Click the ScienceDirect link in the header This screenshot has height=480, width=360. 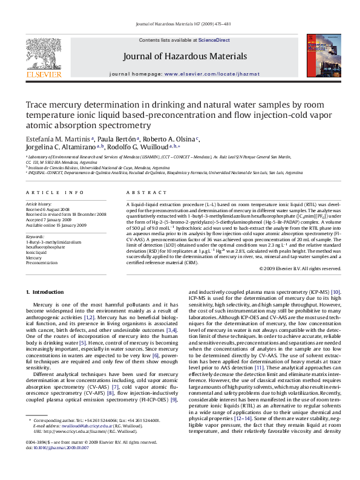(214, 40)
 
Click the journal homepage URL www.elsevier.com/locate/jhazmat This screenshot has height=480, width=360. (212, 74)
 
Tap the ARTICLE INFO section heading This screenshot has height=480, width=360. (54, 192)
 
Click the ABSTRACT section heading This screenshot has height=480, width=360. (137, 192)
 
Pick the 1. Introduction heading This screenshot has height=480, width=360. (45, 291)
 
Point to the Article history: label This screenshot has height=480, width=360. (39, 204)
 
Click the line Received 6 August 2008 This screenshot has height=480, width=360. (53, 209)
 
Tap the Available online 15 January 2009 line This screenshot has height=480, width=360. (57, 224)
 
